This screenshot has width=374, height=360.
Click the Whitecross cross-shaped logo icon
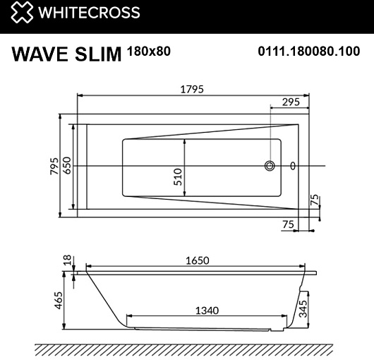22,12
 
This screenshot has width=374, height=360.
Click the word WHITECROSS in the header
89,13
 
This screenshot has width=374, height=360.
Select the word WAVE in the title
40,54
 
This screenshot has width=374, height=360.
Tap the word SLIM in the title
98,54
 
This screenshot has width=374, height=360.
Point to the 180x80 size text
149,51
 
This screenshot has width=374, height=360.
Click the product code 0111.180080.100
309,52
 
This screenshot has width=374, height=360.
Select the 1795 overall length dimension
192,89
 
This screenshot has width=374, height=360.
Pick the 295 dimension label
291,102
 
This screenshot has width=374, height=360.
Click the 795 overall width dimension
54,166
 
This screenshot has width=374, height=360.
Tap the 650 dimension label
67,165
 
